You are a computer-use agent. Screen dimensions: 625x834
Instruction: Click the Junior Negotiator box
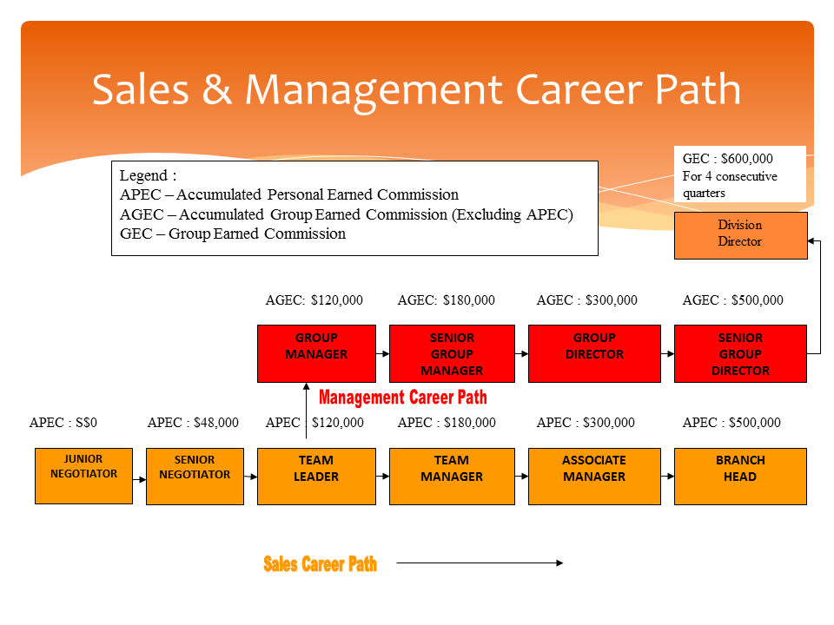tap(83, 476)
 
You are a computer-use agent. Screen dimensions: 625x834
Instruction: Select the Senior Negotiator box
tap(195, 476)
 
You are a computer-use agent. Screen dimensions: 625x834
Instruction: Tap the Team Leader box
tap(316, 476)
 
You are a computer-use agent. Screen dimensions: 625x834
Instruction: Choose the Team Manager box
tap(452, 476)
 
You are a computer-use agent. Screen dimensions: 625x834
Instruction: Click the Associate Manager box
tap(594, 476)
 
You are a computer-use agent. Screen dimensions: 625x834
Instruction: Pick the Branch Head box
tap(740, 476)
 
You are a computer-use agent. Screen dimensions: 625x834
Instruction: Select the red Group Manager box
tap(316, 353)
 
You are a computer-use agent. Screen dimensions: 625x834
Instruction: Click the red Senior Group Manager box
tap(452, 353)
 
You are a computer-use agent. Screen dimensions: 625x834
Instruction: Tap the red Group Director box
tap(594, 353)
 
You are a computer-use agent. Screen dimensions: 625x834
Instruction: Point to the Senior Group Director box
tap(740, 353)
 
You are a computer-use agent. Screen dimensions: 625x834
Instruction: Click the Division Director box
tap(740, 234)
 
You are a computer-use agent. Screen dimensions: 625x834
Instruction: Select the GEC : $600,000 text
tap(728, 159)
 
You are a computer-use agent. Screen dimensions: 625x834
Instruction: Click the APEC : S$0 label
tap(63, 423)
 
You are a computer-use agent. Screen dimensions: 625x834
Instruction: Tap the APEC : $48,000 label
tap(193, 423)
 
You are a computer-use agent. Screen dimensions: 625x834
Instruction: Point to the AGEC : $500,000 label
tap(732, 300)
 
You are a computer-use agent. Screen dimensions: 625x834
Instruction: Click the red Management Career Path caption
tap(403, 398)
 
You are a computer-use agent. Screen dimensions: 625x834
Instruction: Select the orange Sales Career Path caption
tap(320, 564)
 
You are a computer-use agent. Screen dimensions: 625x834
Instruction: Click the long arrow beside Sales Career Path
tap(480, 563)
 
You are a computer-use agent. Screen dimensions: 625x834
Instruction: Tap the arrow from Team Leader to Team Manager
tap(382, 476)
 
